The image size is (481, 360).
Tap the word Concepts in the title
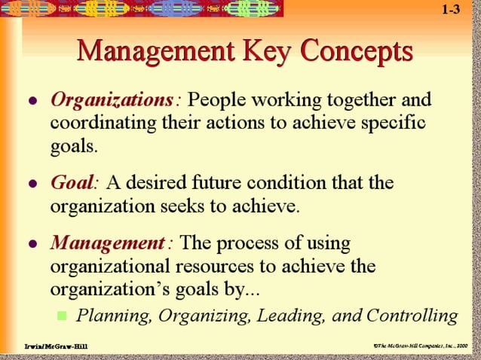(x=354, y=52)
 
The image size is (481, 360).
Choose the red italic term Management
(x=110, y=243)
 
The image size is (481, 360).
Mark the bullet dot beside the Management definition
(x=31, y=245)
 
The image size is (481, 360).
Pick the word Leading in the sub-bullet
(x=289, y=316)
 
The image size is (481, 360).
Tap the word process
(x=250, y=243)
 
